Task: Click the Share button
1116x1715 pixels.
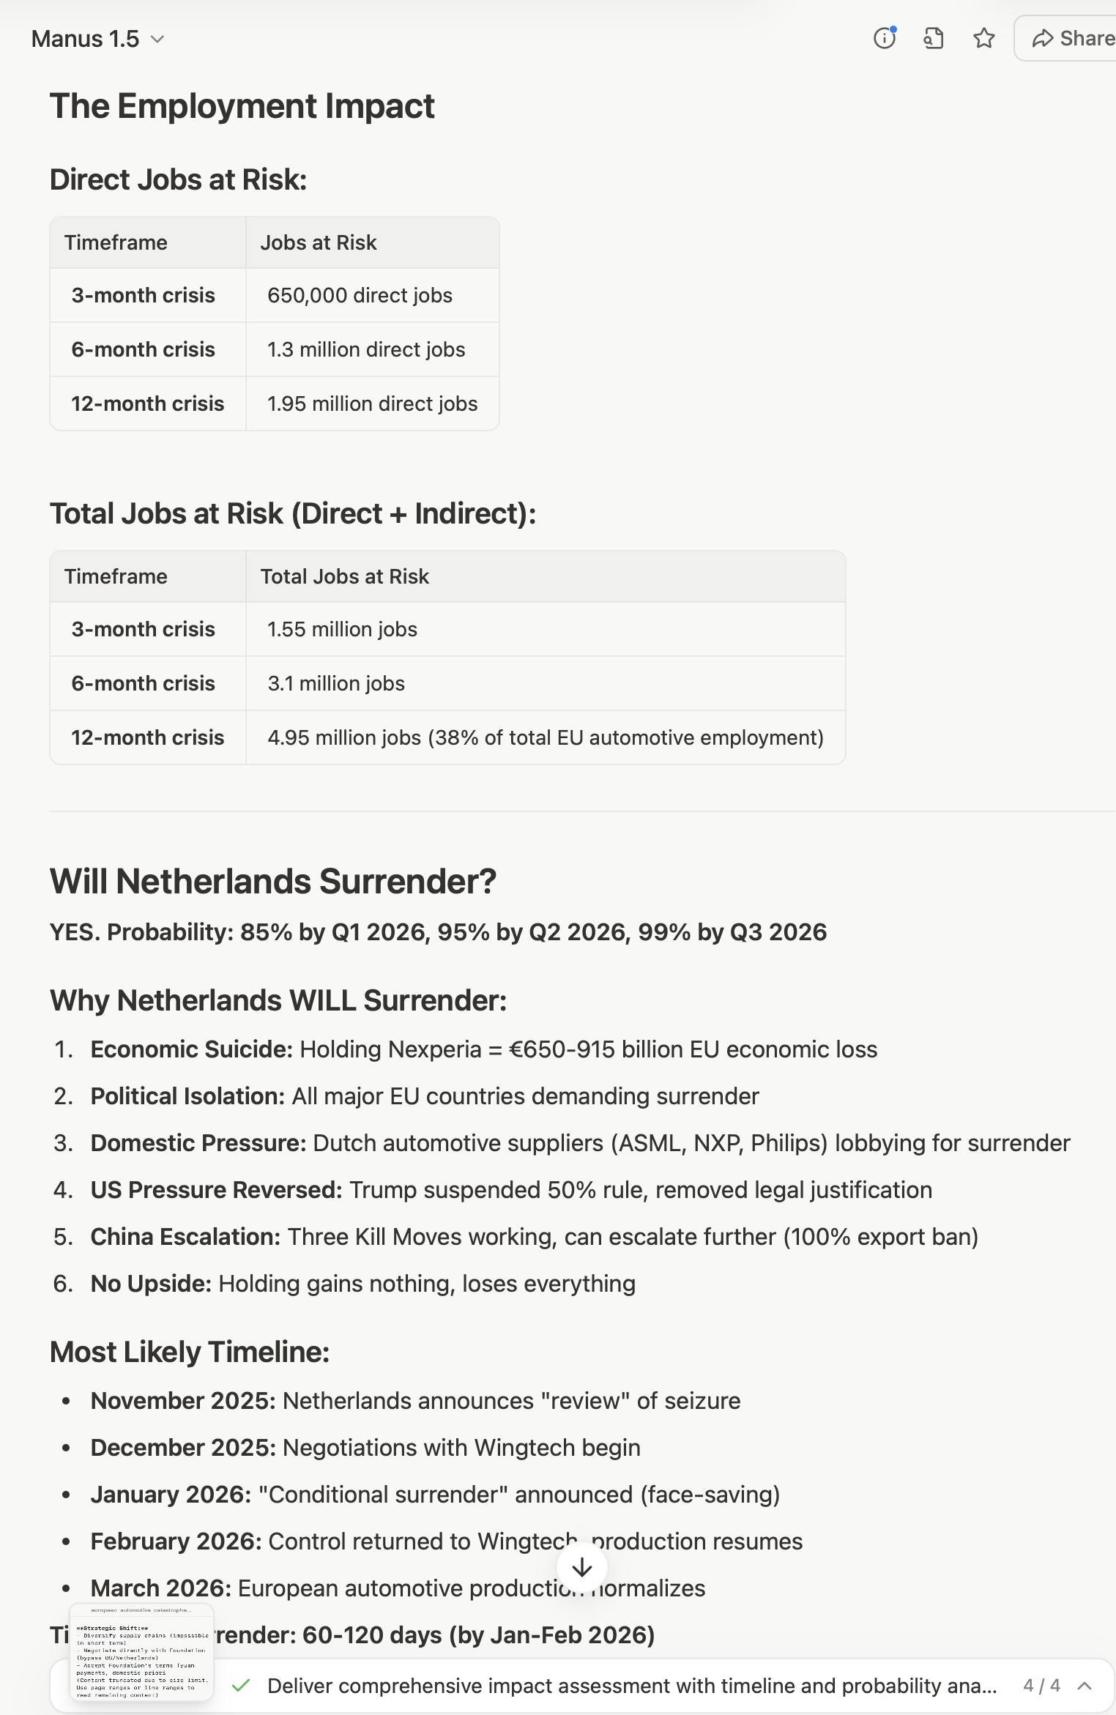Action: pos(1073,38)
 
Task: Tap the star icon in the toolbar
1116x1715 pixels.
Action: pos(983,38)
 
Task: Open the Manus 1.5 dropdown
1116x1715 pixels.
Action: pos(97,39)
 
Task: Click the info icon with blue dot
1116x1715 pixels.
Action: pos(885,38)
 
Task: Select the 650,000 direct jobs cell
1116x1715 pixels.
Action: pos(360,295)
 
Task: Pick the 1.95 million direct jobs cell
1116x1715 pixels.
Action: pos(372,403)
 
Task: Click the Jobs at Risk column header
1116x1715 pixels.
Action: pos(318,242)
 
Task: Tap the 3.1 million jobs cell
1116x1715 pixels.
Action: pos(336,683)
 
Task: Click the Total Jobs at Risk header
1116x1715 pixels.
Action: pos(344,576)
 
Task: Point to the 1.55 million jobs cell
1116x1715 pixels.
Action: pos(342,629)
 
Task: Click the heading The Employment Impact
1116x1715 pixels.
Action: pos(242,106)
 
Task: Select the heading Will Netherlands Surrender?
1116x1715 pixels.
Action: pos(272,881)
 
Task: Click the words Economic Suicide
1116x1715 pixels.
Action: pos(191,1049)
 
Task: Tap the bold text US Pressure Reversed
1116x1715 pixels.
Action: pos(216,1190)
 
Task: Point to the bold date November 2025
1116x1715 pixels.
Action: pos(182,1401)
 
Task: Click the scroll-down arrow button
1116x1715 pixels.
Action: pos(582,1568)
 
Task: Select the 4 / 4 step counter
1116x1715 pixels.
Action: pos(1041,1686)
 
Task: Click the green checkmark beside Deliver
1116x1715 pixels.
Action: pos(241,1686)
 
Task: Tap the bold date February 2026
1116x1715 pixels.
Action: pos(176,1541)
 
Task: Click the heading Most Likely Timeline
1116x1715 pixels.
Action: pos(189,1352)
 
